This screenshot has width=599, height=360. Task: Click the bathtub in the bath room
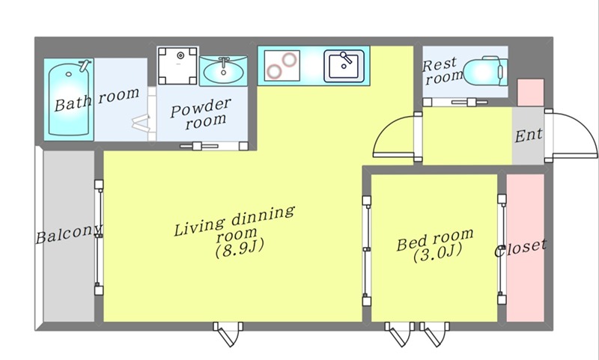[69, 100]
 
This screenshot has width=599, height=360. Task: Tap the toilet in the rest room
[485, 71]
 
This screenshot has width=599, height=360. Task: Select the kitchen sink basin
[344, 67]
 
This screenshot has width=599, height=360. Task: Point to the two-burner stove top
[282, 66]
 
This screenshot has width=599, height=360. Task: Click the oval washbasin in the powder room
[223, 71]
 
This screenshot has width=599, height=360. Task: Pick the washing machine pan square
[178, 66]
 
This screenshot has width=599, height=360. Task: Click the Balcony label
[69, 234]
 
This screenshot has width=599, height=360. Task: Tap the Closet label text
[520, 248]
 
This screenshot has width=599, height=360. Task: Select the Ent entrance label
[529, 135]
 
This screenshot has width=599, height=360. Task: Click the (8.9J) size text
[240, 249]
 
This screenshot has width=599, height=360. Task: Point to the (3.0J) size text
[438, 253]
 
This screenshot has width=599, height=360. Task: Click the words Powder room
[201, 114]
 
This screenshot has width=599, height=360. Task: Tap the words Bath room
[97, 100]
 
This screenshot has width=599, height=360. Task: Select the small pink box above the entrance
[531, 92]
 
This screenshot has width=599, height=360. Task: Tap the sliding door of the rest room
[455, 103]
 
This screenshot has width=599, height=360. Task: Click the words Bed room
[435, 239]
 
